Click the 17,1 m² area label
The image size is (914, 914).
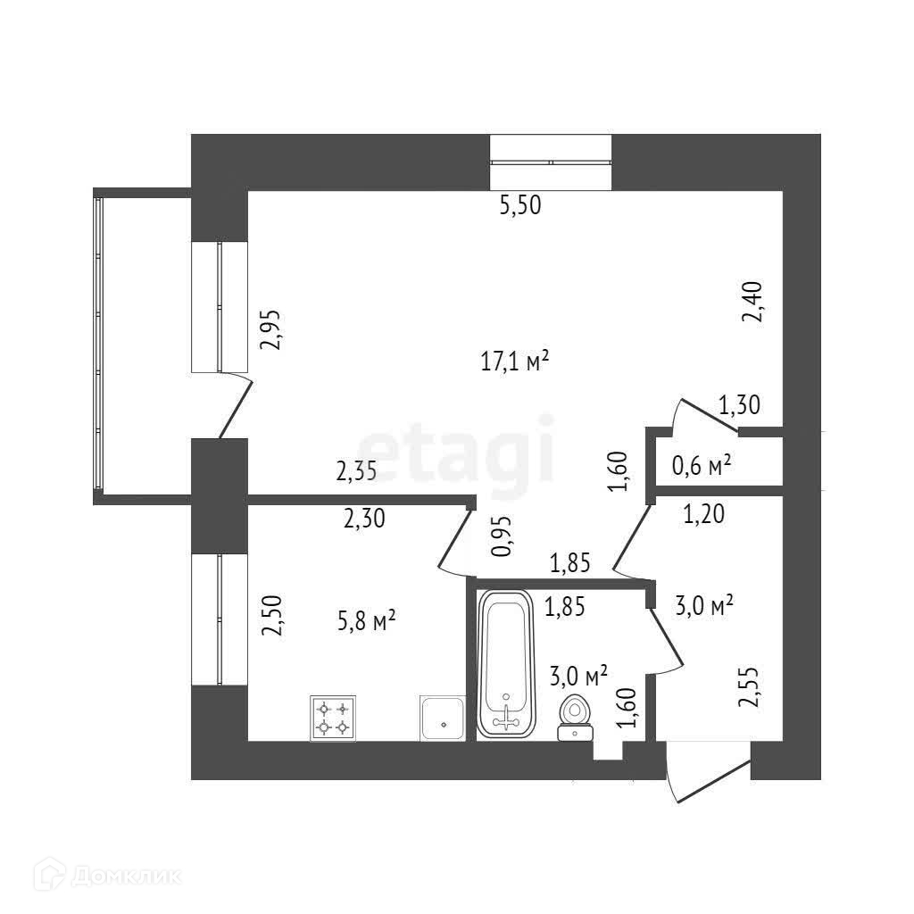pos(513,362)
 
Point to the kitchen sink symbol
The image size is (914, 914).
pos(442,718)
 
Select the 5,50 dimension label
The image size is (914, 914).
pos(521,206)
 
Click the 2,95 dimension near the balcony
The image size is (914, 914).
pos(270,331)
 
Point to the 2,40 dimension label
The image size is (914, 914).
pos(754,302)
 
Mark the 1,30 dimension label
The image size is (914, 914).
pos(739,407)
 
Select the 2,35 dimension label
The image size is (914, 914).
pos(356,471)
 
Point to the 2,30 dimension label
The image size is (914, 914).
pos(364,518)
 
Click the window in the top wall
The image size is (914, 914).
pos(551,162)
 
